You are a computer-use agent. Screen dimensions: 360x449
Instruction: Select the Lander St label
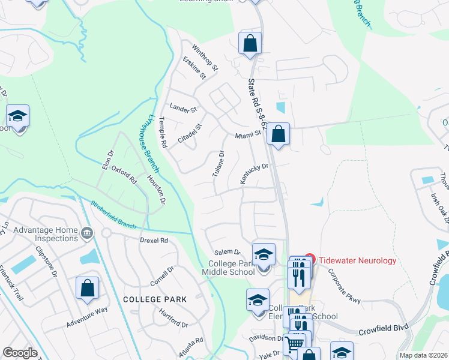(x=183, y=109)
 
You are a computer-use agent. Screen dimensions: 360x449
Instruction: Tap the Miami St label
(x=249, y=136)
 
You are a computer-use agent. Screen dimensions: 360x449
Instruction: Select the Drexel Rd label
(x=154, y=240)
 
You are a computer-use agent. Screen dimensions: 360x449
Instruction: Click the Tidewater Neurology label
(x=357, y=260)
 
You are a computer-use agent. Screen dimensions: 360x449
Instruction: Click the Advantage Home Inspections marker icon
(x=87, y=232)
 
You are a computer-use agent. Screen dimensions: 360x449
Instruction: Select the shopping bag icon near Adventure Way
(x=87, y=287)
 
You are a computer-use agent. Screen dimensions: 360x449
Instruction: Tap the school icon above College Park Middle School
(x=264, y=254)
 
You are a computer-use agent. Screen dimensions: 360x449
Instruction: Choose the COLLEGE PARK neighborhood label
(x=155, y=299)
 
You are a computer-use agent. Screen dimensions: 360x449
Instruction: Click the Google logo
(x=20, y=353)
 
